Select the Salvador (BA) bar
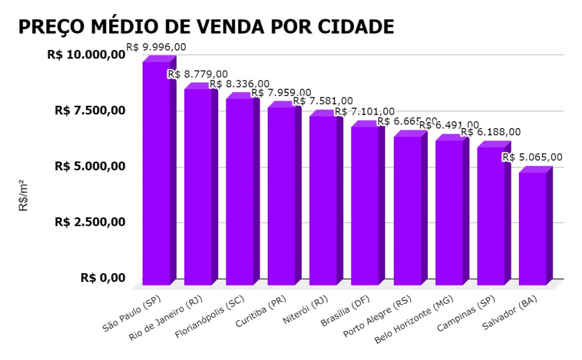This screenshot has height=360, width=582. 533,227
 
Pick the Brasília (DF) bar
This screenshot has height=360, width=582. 365,205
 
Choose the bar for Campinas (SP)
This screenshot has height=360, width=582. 491,216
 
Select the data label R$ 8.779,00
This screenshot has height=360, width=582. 198,75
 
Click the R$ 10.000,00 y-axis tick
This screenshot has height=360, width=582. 86,55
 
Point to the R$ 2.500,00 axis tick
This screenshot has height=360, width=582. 90,222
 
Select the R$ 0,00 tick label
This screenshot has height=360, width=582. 103,278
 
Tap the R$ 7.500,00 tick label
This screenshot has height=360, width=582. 90,110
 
